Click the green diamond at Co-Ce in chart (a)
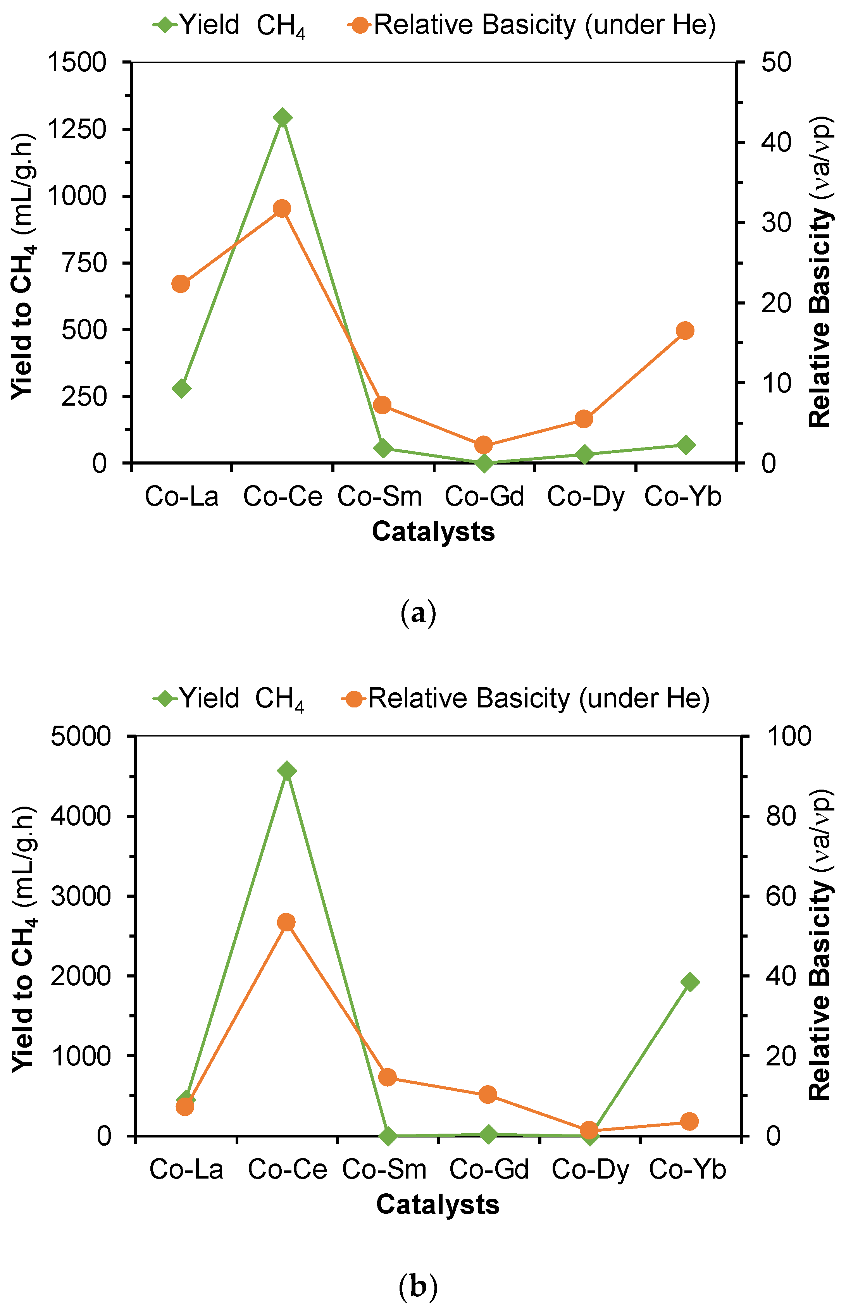pyautogui.click(x=283, y=117)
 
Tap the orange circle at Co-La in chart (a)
pyautogui.click(x=181, y=284)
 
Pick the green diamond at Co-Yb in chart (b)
pyautogui.click(x=690, y=982)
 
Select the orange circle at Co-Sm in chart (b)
pyautogui.click(x=387, y=1077)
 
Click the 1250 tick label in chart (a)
pyautogui.click(x=76, y=130)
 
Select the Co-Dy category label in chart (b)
pyautogui.click(x=590, y=1170)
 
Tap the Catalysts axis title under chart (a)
pyautogui.click(x=433, y=532)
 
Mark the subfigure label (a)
pyautogui.click(x=418, y=614)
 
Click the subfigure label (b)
pyautogui.click(x=418, y=1286)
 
